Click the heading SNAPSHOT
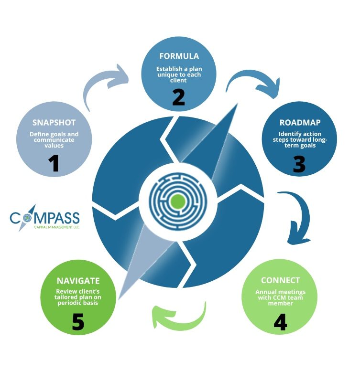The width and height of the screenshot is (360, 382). coord(54,123)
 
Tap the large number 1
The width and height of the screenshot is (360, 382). coord(54,162)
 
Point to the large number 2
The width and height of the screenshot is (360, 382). coord(178,97)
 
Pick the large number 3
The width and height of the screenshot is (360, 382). coord(299,164)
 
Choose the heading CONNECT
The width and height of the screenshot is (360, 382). coord(281,280)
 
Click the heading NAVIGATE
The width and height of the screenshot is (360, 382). coord(78,281)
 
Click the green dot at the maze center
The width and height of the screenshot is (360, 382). coord(178,201)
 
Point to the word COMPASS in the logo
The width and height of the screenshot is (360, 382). coord(44,219)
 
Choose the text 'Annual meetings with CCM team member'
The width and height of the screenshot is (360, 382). coord(281,297)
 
